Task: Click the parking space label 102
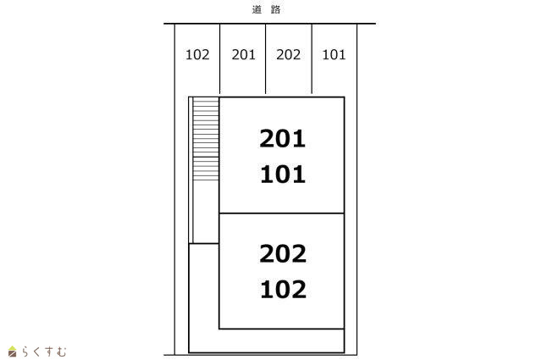[197, 55]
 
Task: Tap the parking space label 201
[243, 55]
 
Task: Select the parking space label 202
[288, 55]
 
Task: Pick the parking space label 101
[334, 55]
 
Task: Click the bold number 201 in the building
[282, 139]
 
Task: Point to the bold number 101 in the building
[283, 174]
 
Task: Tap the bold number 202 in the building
[283, 253]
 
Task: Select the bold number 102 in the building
[283, 289]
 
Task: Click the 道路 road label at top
[266, 9]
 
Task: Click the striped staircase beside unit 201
[206, 139]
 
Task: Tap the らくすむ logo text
[43, 352]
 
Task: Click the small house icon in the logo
[12, 352]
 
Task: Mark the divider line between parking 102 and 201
[220, 58]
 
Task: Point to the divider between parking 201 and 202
[265, 58]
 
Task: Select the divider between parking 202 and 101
[312, 58]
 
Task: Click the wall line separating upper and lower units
[282, 213]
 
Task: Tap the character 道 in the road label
[257, 9]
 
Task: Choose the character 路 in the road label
[275, 9]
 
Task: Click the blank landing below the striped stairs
[206, 212]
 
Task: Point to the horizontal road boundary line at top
[269, 24]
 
